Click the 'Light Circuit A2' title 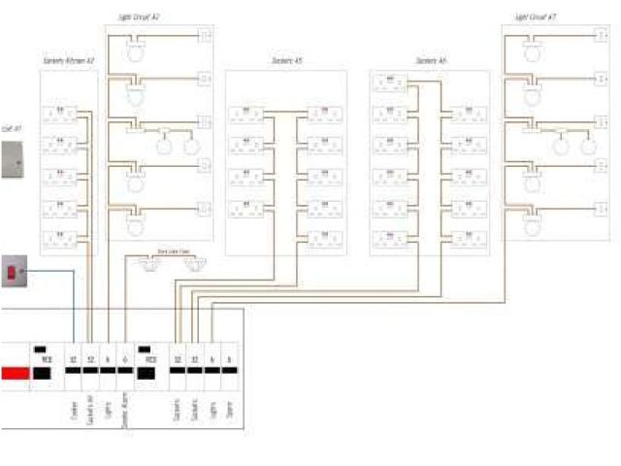click(x=140, y=17)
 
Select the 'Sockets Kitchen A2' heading click(x=68, y=61)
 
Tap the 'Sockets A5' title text click(x=285, y=61)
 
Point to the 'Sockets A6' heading click(x=431, y=61)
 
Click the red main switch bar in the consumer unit click(x=14, y=372)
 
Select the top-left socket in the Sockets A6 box click(x=390, y=84)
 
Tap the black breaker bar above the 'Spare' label click(x=229, y=372)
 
